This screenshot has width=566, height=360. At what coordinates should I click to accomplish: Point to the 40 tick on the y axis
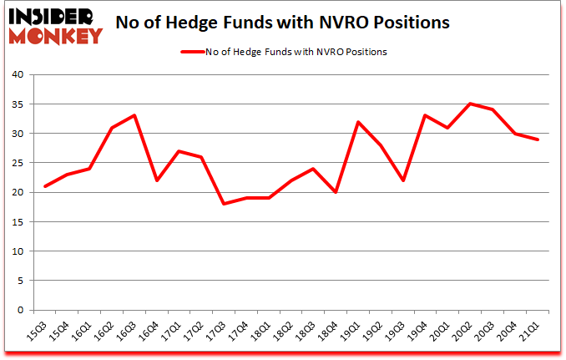click(17, 75)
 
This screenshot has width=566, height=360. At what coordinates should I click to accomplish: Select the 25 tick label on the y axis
click(17, 163)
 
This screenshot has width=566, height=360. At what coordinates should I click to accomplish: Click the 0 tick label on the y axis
click(20, 310)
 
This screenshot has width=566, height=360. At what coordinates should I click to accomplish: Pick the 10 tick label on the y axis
click(17, 251)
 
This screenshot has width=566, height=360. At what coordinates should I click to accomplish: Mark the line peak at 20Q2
click(471, 104)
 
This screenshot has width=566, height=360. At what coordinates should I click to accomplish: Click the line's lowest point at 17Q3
click(225, 204)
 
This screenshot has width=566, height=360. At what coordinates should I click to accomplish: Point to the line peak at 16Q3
click(134, 115)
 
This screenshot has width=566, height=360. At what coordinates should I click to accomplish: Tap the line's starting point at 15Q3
click(45, 186)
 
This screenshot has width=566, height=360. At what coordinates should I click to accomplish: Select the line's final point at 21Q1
click(538, 139)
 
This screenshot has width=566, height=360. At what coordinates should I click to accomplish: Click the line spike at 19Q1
click(359, 122)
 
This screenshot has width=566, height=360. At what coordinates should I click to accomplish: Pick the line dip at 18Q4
click(336, 192)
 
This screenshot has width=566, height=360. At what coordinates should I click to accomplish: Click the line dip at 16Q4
click(157, 180)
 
